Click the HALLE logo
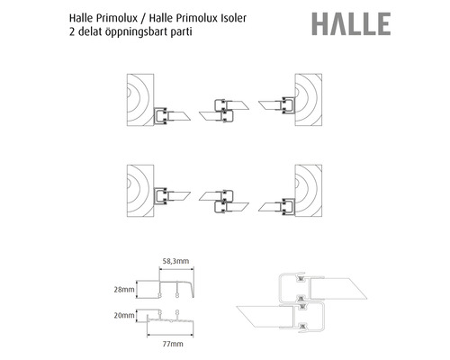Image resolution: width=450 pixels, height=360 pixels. pos(351,24)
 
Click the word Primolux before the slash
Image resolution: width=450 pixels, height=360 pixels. pos(117,18)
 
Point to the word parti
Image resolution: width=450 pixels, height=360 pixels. pos(181,32)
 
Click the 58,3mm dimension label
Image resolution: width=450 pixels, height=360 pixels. pos(175,261)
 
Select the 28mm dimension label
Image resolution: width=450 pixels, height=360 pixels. pos(124,290)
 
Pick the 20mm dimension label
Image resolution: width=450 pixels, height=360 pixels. pos(124,315)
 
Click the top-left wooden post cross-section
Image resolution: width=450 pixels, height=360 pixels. pos(140,100)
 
